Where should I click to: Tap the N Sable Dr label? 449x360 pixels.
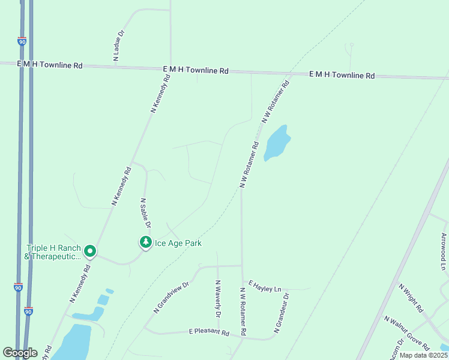coord(145,212)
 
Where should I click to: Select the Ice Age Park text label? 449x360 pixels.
coord(178,243)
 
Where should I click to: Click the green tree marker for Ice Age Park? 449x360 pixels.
coord(145,242)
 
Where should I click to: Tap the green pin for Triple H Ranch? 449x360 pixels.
coord(90,251)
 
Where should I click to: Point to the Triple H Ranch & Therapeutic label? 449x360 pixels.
coord(53,252)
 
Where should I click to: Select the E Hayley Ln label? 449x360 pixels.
coord(264,289)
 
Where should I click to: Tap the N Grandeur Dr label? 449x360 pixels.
coord(282,313)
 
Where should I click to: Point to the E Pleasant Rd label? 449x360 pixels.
coord(209,332)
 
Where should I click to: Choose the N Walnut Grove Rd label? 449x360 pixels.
coord(407,333)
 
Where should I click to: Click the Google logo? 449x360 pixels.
coord(19,353)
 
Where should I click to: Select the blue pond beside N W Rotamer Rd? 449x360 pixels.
coord(277,143)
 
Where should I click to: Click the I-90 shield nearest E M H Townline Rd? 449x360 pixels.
coord(22,41)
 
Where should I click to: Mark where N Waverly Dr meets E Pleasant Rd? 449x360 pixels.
coord(218,334)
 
